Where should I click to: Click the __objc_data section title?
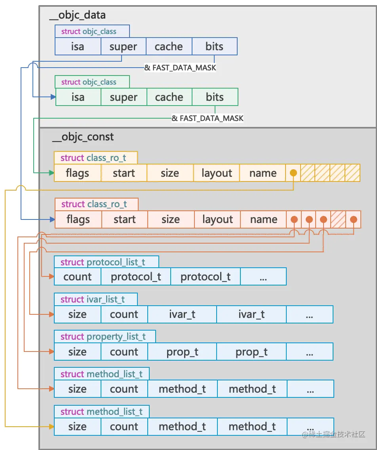tap(78, 15)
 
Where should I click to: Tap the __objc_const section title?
tap(83, 137)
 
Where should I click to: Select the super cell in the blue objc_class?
tap(123, 47)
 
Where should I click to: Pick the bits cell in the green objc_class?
tap(215, 97)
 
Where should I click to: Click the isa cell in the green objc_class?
tap(78, 97)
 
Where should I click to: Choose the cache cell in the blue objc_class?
tap(169, 47)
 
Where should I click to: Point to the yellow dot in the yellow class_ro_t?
tap(293, 173)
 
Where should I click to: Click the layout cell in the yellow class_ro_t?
tap(217, 173)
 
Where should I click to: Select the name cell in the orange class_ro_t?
tap(263, 219)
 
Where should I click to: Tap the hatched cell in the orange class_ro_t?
tap(338, 219)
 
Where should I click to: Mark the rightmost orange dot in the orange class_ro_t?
tap(354, 219)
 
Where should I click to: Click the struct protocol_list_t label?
tap(103, 262)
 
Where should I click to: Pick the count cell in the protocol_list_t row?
tap(78, 277)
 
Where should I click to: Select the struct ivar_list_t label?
tap(93, 299)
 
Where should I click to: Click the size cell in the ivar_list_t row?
tap(78, 314)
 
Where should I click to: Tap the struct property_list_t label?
tap(103, 337)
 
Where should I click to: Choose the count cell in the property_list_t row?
tap(124, 352)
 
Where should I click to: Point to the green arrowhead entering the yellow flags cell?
tap(52, 173)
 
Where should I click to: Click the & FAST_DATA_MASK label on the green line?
tap(208, 118)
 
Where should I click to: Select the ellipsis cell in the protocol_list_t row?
tap(263, 277)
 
